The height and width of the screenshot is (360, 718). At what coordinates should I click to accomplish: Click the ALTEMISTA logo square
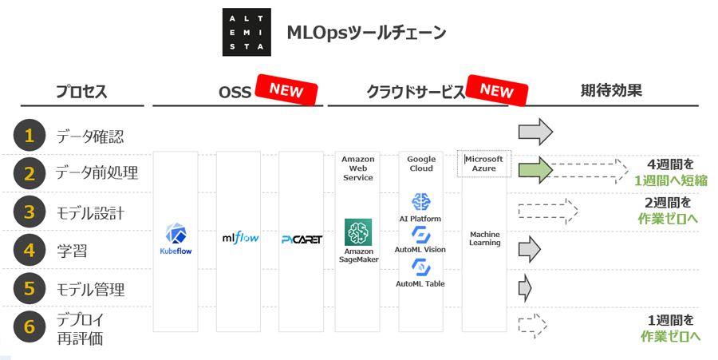246,33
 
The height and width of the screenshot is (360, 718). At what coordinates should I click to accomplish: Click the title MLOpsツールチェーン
366,33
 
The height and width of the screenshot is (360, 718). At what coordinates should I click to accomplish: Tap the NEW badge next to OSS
286,90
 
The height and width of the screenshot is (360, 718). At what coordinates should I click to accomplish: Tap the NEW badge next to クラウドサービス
496,90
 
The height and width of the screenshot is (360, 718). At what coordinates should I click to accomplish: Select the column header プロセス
81,92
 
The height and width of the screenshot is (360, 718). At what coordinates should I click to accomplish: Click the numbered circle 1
30,136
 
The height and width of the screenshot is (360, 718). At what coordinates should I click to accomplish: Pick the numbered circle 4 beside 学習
30,251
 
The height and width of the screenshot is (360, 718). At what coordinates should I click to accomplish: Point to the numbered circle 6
30,326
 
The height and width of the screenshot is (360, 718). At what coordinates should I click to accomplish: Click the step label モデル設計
90,213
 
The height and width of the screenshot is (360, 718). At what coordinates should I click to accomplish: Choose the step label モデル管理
90,289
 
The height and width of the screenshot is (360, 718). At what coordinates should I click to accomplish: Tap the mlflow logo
240,237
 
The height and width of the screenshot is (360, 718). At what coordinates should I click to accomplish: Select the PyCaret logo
302,239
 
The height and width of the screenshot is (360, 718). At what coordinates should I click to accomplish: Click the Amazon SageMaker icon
358,232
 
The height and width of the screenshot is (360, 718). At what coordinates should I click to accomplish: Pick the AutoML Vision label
420,250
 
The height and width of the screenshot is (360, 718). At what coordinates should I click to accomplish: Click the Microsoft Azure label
485,164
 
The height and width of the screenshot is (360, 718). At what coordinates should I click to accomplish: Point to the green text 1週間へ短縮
670,180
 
